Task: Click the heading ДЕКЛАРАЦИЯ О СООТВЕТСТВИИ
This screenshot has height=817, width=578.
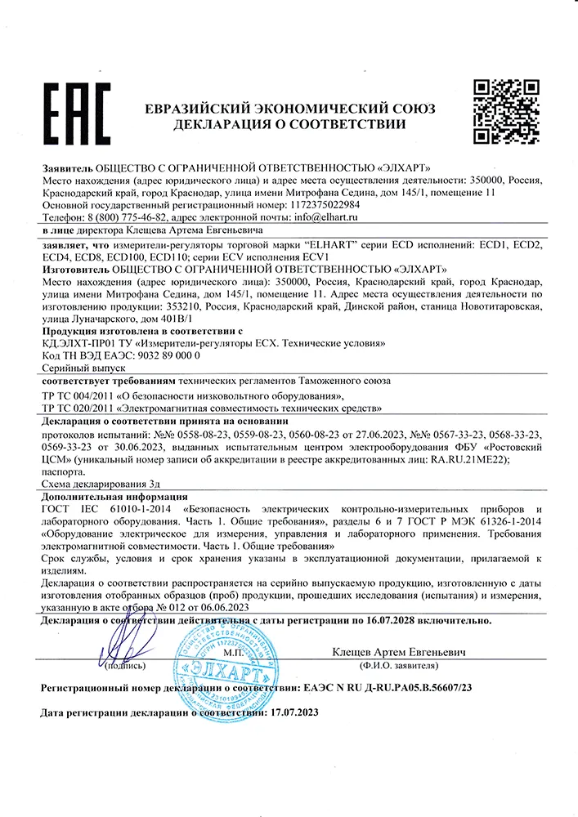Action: coord(289,125)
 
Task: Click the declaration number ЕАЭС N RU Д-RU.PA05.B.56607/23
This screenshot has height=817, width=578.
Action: coord(388,688)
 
